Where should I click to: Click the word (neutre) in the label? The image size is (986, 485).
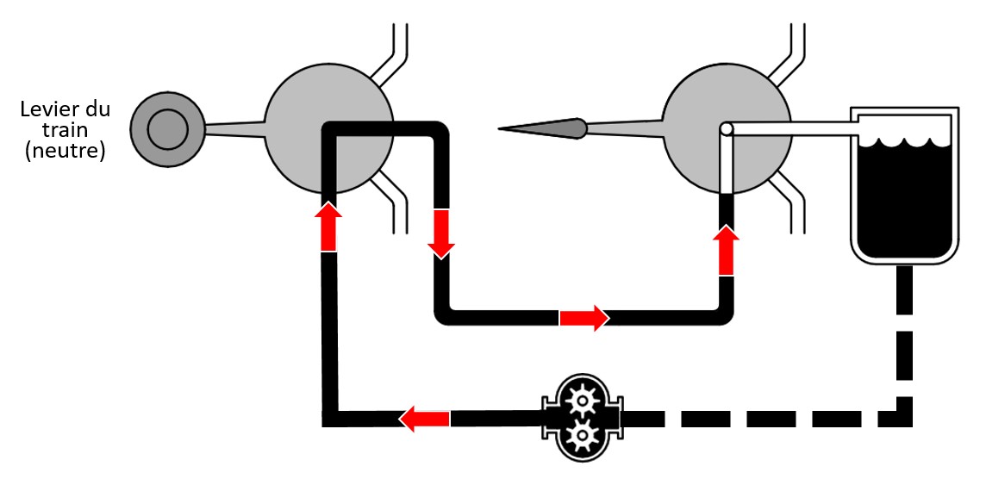click(x=65, y=153)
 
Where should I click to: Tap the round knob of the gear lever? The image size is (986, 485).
click(x=166, y=131)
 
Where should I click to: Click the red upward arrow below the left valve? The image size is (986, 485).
click(x=328, y=226)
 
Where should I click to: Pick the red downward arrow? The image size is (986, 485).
click(x=440, y=233)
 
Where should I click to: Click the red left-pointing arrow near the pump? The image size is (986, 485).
click(x=424, y=419)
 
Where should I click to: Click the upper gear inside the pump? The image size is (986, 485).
click(x=582, y=397)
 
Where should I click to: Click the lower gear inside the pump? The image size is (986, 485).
click(x=582, y=435)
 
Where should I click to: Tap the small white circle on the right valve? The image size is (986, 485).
click(x=727, y=129)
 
